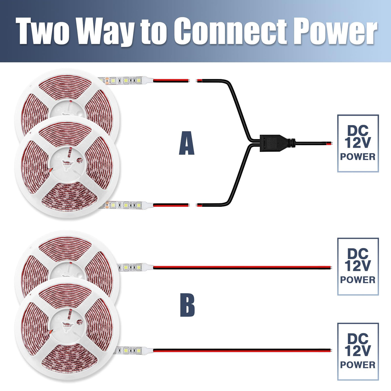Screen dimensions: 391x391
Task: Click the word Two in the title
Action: (x=42, y=31)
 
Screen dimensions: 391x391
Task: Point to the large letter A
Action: (x=187, y=143)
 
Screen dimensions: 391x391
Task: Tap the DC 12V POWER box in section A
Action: (x=358, y=143)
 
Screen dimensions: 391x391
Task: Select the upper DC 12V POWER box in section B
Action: (x=358, y=266)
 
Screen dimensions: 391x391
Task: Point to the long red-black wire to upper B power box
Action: (x=242, y=268)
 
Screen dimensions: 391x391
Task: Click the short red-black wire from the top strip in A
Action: (x=171, y=80)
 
